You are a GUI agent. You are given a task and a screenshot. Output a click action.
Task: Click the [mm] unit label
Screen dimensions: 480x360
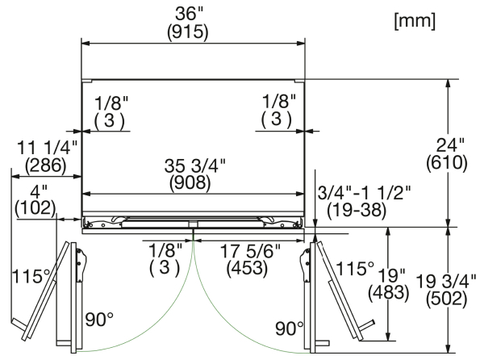(415, 22)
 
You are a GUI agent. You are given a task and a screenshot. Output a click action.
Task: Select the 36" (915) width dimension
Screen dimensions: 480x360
(188, 23)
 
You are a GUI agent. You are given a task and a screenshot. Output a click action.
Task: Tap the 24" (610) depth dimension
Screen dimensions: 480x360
(447, 154)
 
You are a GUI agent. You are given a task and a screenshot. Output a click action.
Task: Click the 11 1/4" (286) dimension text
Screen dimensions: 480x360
(47, 157)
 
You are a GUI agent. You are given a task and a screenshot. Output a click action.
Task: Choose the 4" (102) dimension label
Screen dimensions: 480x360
(35, 200)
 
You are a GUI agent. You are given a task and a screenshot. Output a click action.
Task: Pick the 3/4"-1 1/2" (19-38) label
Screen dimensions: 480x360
(364, 201)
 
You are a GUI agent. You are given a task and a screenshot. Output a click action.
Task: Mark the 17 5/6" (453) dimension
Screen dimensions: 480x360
(249, 260)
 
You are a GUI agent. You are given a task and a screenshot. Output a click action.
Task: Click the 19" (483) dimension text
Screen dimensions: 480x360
(389, 283)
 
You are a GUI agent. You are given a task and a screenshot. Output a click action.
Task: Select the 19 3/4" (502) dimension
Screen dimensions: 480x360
(447, 290)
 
